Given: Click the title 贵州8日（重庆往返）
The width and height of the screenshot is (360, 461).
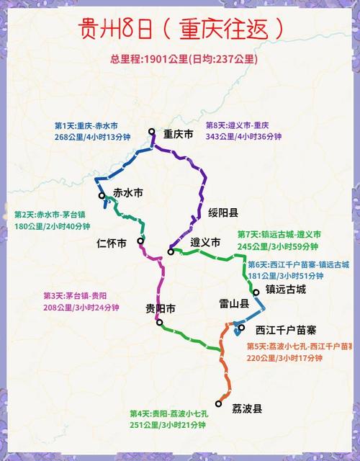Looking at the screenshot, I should point(180,30).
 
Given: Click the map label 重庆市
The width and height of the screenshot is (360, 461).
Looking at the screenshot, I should point(178,134).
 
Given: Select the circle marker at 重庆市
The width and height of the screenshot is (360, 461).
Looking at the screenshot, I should point(152,131).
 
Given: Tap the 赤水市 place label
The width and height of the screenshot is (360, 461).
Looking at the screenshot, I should point(128,193).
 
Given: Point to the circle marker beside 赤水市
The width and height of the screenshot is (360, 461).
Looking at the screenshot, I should point(103,195).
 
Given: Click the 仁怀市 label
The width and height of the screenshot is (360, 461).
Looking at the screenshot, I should point(112,243).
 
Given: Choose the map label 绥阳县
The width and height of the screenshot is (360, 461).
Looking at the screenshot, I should point(223,212).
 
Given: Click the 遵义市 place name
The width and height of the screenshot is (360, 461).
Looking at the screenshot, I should point(205,243).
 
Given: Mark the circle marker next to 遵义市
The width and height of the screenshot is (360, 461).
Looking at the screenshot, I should point(171,251).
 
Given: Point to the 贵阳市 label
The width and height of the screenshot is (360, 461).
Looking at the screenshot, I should point(161,308).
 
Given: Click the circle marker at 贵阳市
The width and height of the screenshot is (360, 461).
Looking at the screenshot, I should point(159,323).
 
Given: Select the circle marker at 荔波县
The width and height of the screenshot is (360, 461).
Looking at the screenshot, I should point(219,403).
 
